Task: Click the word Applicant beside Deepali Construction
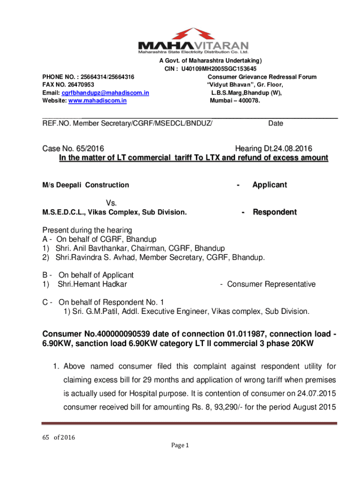269,185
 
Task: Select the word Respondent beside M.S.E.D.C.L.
274,212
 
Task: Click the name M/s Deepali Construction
86,185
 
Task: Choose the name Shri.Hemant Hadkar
92,284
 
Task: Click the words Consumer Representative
271,284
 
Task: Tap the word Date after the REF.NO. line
275,123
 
